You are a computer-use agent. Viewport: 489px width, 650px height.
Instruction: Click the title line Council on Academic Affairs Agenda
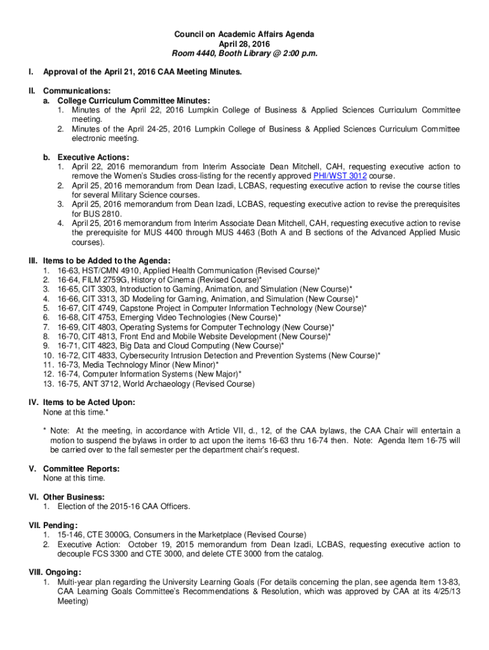(245, 34)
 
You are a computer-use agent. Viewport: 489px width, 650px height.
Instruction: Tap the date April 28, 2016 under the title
(245, 44)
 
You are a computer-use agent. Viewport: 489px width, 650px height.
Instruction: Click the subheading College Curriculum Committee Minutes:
(134, 100)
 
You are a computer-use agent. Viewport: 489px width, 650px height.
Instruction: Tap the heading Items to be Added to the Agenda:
(106, 260)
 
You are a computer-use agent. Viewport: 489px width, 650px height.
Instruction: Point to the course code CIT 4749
(101, 308)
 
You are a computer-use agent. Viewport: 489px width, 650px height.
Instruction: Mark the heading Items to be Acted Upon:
(89, 402)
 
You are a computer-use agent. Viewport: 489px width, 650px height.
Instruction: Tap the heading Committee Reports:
(81, 468)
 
